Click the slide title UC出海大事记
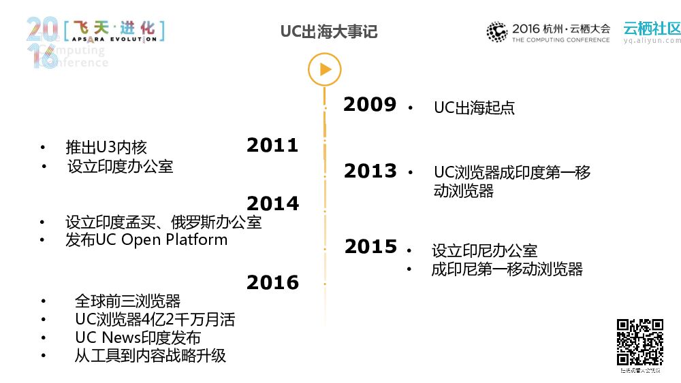click(x=329, y=32)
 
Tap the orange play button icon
click(x=324, y=69)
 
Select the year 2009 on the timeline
click(x=369, y=105)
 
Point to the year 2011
click(x=272, y=145)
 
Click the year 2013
click(x=370, y=171)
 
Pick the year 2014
click(x=272, y=203)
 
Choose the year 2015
click(x=370, y=247)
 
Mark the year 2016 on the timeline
click(x=272, y=282)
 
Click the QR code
click(x=640, y=342)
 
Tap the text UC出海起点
click(x=474, y=107)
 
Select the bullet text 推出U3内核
click(x=106, y=147)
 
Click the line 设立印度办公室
click(x=121, y=166)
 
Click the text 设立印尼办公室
click(x=484, y=251)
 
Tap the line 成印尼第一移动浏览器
click(x=507, y=269)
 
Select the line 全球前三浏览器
click(x=127, y=301)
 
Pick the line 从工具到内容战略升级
click(x=150, y=355)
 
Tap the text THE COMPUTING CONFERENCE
click(x=560, y=40)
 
